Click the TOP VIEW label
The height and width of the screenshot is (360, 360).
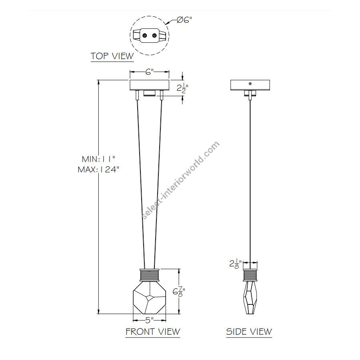coord(112,56)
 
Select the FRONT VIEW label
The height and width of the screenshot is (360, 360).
coord(153,332)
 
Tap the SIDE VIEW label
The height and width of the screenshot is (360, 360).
coord(249,332)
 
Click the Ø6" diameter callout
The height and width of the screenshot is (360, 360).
coord(184,20)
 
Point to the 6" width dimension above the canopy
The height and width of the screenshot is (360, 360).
coord(149,72)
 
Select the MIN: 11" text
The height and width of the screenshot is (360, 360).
coord(98,159)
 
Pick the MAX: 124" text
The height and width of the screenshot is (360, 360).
coord(98,170)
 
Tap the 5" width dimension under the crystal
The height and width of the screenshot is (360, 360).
coord(150,320)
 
